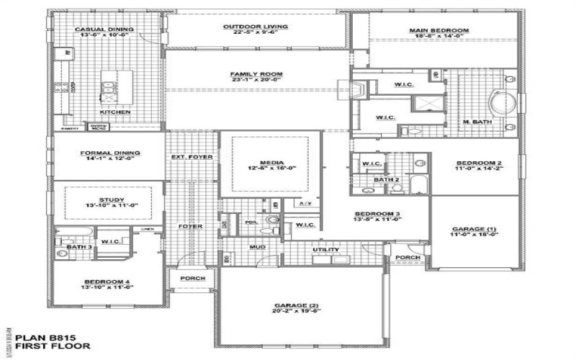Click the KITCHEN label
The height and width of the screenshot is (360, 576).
click(114, 112)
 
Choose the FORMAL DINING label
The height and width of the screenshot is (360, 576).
click(109, 153)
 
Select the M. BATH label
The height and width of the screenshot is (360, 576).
click(476, 122)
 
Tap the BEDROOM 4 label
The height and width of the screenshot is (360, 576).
click(106, 281)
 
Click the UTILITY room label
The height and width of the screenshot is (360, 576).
click(325, 249)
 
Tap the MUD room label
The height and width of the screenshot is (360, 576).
click(257, 247)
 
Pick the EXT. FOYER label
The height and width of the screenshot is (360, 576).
click(191, 156)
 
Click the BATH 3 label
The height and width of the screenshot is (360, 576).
click(80, 247)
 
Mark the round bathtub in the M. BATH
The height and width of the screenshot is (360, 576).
click(500, 100)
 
